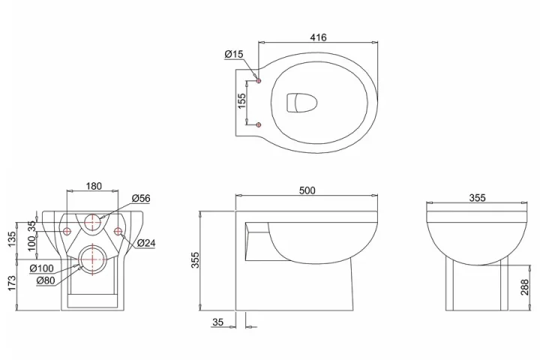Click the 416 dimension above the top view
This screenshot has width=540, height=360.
pyautogui.click(x=317, y=37)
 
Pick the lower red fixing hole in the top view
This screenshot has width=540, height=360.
pyautogui.click(x=258, y=123)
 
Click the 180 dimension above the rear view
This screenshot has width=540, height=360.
pyautogui.click(x=94, y=186)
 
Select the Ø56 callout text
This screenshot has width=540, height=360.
pyautogui.click(x=141, y=199)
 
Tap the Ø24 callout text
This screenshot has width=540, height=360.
pyautogui.click(x=146, y=242)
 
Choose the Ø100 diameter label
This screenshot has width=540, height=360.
pyautogui.click(x=41, y=268)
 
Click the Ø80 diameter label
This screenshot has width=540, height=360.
pyautogui.click(x=45, y=280)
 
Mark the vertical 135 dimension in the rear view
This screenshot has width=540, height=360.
pyautogui.click(x=11, y=239)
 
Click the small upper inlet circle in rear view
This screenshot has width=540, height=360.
pyautogui.click(x=94, y=223)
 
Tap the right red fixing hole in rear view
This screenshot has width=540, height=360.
pyautogui.click(x=118, y=230)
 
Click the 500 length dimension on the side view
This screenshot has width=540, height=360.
pyautogui.click(x=307, y=190)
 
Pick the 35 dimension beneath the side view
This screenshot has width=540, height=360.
pyautogui.click(x=218, y=322)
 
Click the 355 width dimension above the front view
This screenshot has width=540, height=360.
pyautogui.click(x=477, y=198)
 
